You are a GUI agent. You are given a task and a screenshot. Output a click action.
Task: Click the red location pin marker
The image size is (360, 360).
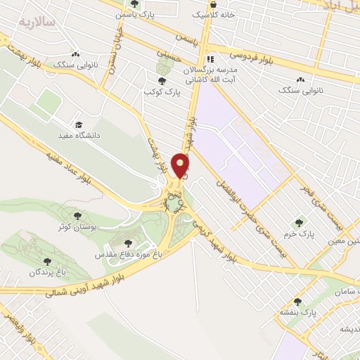pyautogui.click(x=181, y=165)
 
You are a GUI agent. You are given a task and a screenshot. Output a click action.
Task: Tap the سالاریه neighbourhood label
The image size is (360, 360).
pyautogui.click(x=37, y=22)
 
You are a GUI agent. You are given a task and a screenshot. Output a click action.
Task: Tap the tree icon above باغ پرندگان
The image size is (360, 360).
pyautogui.click(x=49, y=260)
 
